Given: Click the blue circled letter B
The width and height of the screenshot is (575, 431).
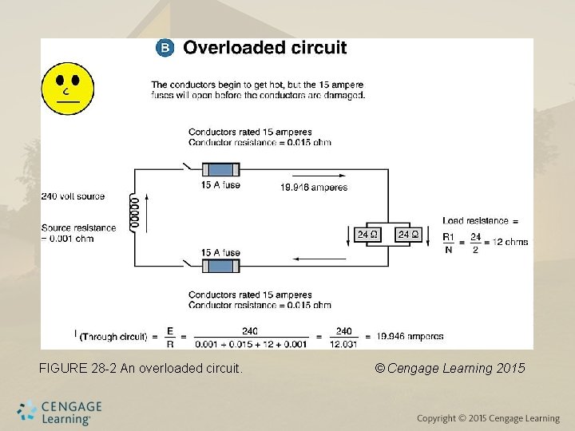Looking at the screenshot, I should [164, 48].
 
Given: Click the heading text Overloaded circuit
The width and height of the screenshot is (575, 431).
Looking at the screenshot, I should [265, 48].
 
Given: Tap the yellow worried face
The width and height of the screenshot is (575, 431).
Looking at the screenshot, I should [68, 88].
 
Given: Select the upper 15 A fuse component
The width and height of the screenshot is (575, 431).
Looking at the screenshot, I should [220, 170].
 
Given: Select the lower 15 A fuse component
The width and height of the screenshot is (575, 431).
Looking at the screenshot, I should [220, 265].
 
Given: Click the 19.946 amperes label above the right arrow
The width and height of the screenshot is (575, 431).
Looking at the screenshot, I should [314, 188].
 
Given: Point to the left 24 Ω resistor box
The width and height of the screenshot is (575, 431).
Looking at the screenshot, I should [367, 235].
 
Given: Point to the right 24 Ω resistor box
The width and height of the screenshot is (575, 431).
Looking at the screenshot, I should [408, 235].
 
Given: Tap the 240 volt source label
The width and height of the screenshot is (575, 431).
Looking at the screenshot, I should [73, 196].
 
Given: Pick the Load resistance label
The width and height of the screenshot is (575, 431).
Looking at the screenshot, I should [480, 220].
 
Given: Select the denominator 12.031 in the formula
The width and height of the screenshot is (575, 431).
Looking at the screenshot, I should [343, 343].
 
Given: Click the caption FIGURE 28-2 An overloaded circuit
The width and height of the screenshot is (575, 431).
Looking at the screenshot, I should [141, 369].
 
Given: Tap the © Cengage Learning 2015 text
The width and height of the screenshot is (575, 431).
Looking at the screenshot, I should [450, 369].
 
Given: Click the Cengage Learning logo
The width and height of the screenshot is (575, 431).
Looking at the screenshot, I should [61, 412].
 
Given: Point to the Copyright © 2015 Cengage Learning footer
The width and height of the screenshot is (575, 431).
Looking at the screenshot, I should [488, 419].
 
